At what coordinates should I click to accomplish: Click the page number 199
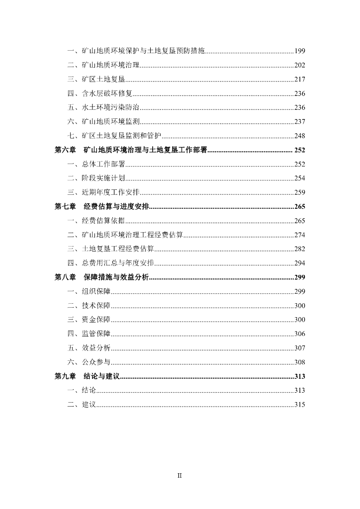tap(299, 51)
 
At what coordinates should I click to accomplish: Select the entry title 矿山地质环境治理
tap(111, 65)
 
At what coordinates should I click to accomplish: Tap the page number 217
tap(299, 79)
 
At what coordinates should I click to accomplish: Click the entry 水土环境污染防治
tap(111, 107)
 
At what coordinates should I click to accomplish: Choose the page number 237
tap(299, 121)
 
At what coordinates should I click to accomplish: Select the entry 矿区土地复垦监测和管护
tap(122, 136)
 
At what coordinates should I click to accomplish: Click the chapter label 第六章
tap(65, 150)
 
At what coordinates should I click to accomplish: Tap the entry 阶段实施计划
tap(103, 178)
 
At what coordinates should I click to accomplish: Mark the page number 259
tap(299, 192)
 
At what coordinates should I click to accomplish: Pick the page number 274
tap(299, 235)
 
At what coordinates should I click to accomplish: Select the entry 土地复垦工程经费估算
tap(118, 249)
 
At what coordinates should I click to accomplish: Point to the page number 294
tap(299, 263)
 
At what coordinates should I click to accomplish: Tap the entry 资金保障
tap(96, 320)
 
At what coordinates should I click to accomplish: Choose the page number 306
tap(299, 334)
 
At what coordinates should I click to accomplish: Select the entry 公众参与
tap(96, 362)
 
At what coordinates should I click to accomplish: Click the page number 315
tap(299, 405)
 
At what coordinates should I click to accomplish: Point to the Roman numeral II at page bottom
tap(180, 475)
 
